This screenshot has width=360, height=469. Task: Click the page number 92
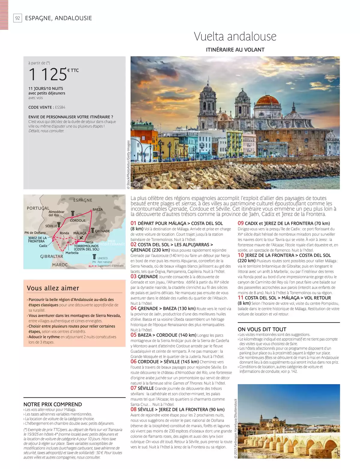(18, 18)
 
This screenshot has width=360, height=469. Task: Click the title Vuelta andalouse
(235, 37)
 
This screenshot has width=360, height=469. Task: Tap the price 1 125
(48, 74)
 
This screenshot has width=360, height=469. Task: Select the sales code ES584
(60, 107)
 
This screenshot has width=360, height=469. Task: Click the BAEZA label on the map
(97, 209)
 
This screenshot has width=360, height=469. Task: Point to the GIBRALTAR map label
(52, 257)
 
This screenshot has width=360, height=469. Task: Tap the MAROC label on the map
(60, 265)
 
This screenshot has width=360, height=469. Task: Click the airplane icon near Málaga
(81, 238)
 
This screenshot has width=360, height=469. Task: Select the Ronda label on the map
(64, 233)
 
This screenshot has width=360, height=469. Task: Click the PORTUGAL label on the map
(38, 208)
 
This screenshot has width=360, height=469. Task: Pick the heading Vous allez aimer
(53, 288)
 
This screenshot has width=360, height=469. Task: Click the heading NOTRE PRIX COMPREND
(52, 404)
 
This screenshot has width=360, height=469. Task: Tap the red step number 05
(133, 335)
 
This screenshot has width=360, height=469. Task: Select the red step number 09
(241, 223)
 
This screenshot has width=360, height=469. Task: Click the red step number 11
(241, 298)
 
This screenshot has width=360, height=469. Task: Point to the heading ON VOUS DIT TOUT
(262, 329)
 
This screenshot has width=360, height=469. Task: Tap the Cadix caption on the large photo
(138, 185)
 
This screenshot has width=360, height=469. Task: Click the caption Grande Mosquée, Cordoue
(260, 454)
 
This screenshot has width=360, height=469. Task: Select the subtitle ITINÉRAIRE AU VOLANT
(235, 50)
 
